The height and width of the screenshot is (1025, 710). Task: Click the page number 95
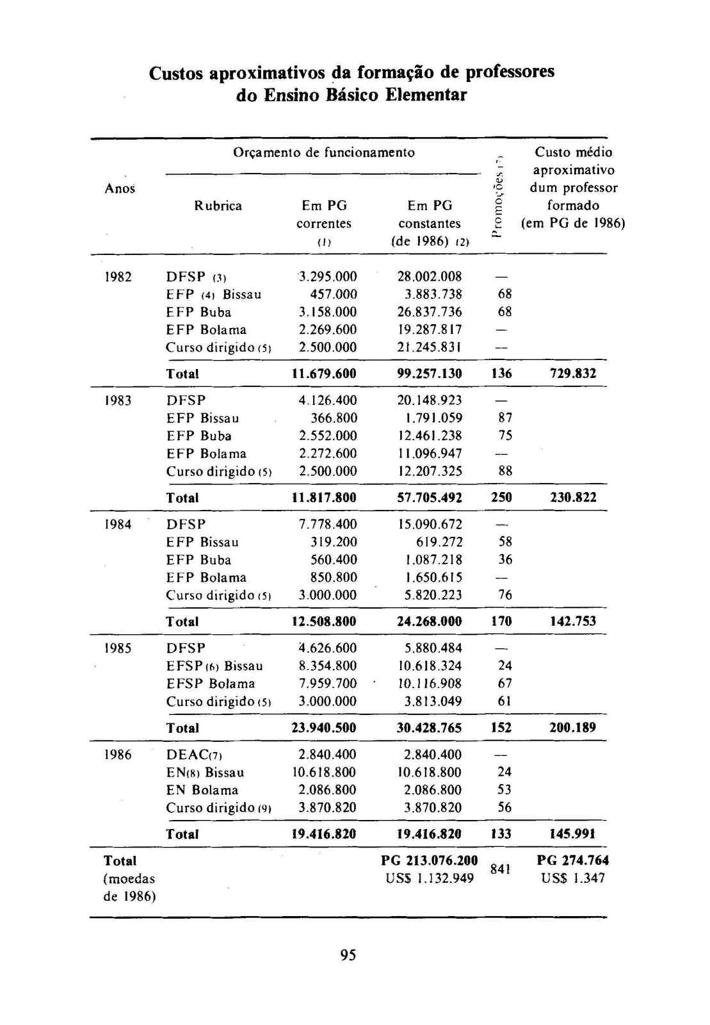tap(348, 956)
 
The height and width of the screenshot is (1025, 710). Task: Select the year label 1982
tap(118, 277)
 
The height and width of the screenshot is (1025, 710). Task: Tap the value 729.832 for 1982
tap(573, 373)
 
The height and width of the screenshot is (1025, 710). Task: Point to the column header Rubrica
tap(218, 206)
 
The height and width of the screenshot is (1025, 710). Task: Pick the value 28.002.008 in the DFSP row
tap(429, 277)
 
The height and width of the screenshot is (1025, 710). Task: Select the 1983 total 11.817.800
tap(324, 498)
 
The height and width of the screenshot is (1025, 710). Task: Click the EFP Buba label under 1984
tap(198, 560)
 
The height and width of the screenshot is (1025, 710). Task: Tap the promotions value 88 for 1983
tap(504, 471)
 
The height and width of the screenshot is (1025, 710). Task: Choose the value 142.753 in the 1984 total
tap(573, 621)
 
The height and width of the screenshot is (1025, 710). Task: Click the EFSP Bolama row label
tap(211, 684)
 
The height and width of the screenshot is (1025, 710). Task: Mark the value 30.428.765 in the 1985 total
tap(429, 728)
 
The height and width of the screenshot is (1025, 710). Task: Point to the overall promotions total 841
tap(500, 869)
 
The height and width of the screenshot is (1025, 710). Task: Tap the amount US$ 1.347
tap(573, 878)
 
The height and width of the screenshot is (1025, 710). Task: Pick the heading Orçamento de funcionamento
tap(323, 152)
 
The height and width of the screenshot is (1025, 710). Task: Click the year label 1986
tap(118, 755)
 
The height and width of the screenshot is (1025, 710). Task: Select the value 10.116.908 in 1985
tap(429, 684)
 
